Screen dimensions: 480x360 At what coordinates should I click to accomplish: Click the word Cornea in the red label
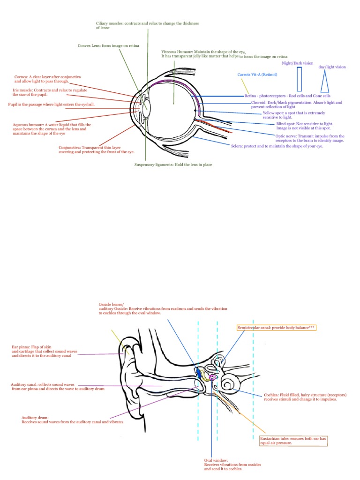click(21, 76)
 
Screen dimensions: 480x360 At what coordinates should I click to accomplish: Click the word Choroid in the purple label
click(259, 102)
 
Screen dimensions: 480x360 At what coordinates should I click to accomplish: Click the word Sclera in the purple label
click(237, 146)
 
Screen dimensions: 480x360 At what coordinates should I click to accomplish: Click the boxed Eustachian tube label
click(293, 440)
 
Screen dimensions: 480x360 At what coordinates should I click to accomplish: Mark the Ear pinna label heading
click(21, 347)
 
